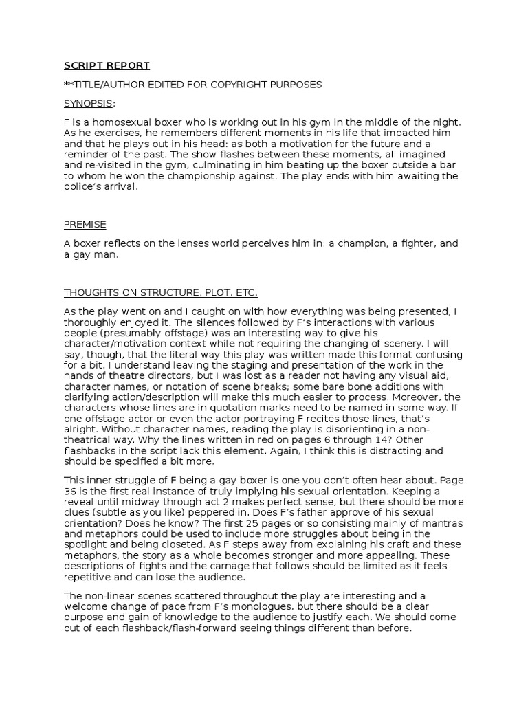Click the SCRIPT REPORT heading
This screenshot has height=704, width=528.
coord(107,66)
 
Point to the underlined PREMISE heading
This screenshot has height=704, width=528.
coord(85,225)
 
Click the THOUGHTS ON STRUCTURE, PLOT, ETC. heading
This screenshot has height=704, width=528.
coord(161,292)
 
